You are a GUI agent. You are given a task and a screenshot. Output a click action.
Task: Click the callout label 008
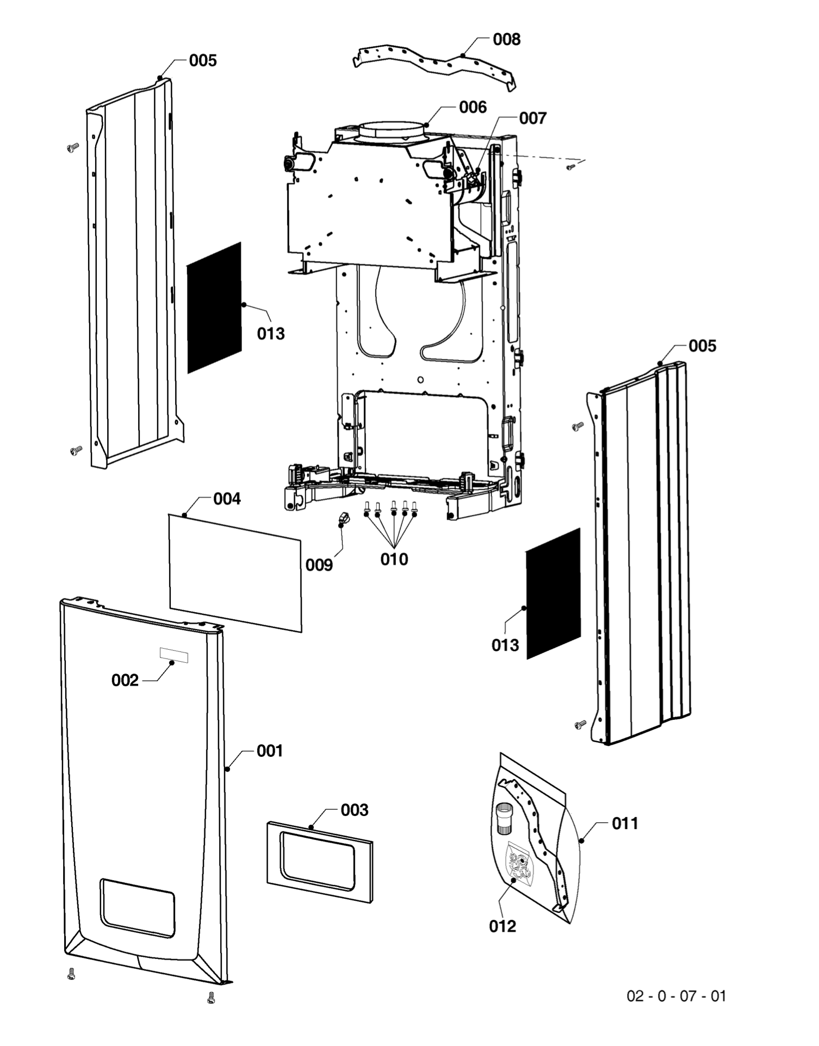click(506, 39)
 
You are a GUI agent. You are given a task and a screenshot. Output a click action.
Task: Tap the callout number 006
click(473, 107)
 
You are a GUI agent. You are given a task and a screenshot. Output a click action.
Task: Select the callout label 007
click(532, 118)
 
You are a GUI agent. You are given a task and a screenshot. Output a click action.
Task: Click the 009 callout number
click(319, 565)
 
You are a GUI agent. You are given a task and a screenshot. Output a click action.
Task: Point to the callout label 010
click(394, 559)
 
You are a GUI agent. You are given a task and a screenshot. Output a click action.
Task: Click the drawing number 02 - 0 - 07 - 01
click(676, 996)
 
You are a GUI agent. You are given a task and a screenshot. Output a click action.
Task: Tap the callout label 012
click(502, 926)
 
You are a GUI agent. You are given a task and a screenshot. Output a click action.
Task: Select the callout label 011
click(625, 824)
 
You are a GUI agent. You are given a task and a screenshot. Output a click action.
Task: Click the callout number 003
click(354, 810)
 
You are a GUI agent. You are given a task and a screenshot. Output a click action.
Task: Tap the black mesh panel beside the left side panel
click(214, 308)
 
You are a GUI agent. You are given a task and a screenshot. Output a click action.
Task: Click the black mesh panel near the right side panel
click(553, 594)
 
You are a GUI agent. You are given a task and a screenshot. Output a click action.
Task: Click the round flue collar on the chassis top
click(391, 132)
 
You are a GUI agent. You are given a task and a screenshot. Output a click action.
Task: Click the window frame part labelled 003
click(319, 862)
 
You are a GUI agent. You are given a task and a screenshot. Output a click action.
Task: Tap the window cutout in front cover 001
click(138, 907)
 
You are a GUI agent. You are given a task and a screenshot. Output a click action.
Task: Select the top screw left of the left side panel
click(72, 147)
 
